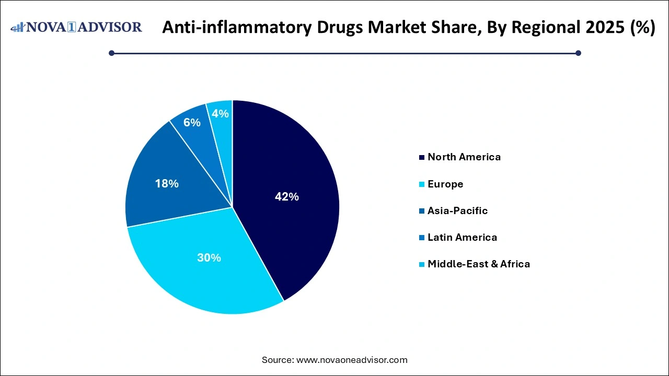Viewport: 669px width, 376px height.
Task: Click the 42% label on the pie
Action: coord(286,197)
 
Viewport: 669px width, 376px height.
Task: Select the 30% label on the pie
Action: coord(209,257)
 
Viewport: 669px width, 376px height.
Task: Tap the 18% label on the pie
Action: coord(167,184)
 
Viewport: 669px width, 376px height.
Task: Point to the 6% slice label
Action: coord(192,123)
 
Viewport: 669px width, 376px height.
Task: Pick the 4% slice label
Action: coord(221,113)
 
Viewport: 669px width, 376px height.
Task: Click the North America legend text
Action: coord(464,157)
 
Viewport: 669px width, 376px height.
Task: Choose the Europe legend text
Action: coord(445,184)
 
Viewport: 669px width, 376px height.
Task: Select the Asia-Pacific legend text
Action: coord(457,210)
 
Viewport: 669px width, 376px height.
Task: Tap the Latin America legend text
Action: coord(462,237)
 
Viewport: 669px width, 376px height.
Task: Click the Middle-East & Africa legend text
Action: coord(478,264)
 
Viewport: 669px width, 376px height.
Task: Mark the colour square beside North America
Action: coord(421,157)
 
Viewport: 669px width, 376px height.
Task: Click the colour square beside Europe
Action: coord(421,184)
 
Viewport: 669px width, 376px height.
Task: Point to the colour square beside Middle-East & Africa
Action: coord(421,264)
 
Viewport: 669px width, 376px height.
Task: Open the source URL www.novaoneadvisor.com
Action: coord(352,360)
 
